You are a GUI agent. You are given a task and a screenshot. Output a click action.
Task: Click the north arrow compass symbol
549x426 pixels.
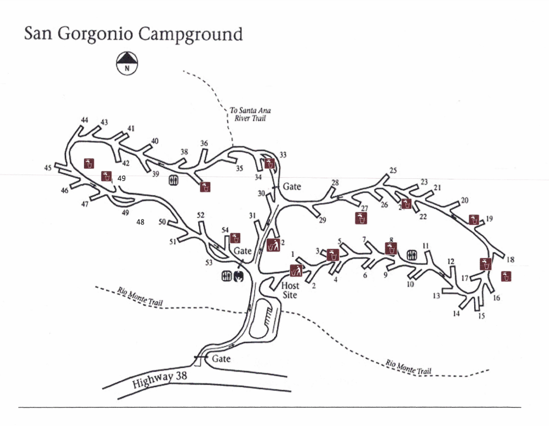coord(127,63)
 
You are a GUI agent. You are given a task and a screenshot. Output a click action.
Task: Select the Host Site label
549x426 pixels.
coord(290,291)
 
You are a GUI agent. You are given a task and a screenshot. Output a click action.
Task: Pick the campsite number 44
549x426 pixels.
coord(85,120)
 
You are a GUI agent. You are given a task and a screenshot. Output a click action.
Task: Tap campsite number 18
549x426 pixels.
coord(509,260)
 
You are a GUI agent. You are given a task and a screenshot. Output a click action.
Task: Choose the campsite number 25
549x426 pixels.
coord(393,170)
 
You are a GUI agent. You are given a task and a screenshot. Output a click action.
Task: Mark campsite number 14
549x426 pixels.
coord(456,314)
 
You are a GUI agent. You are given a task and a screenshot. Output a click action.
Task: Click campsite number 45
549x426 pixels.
coord(48,169)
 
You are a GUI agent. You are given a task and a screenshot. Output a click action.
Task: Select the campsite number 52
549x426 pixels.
coord(201,215)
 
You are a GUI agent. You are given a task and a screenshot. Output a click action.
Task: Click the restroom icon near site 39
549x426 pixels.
coord(173,180)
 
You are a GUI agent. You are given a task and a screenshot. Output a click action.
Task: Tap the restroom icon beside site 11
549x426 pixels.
coord(412,255)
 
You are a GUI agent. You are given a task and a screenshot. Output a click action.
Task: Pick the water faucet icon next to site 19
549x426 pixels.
coord(474,220)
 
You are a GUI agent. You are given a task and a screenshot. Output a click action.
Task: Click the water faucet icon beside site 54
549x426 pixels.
coord(235,237)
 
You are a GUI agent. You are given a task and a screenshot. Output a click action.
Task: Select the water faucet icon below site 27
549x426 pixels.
coord(361,218)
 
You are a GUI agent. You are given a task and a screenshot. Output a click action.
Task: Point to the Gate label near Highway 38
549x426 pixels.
coord(221,359)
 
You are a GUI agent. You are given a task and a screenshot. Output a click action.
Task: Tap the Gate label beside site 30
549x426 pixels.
coord(292,186)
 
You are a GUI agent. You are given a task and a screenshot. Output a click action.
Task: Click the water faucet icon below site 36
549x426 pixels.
coord(205,187)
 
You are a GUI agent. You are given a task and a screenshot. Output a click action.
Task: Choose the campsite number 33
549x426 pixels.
coord(283,155)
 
